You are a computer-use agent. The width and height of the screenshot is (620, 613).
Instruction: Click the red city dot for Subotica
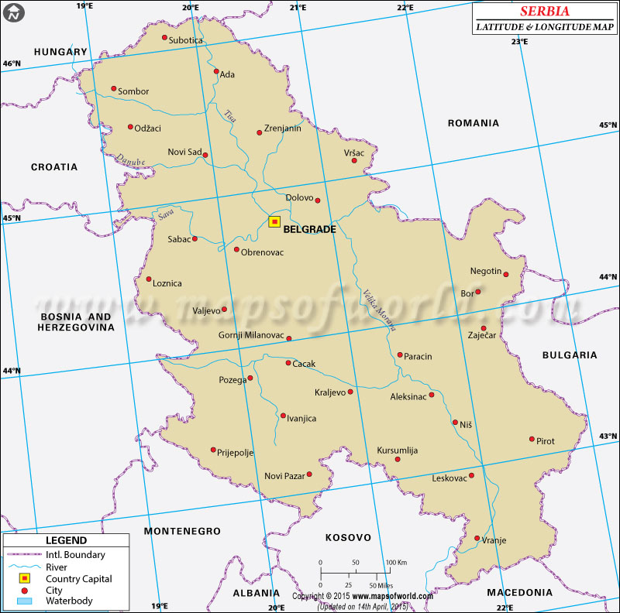click(164, 37)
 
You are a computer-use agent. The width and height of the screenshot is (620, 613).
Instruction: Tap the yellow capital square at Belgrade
click(274, 221)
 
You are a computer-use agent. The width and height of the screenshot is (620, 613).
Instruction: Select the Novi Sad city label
click(184, 152)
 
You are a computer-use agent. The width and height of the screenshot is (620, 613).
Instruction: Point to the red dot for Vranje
click(477, 539)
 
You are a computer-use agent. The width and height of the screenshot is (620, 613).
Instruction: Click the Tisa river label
click(229, 116)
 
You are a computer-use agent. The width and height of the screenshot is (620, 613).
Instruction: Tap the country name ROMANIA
click(474, 123)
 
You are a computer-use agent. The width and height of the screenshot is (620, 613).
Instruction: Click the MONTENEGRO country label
click(182, 531)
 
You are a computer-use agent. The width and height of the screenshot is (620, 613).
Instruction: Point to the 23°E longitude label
click(519, 41)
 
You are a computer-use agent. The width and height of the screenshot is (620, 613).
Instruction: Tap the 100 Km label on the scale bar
click(397, 562)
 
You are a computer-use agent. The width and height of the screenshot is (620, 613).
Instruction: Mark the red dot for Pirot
click(532, 439)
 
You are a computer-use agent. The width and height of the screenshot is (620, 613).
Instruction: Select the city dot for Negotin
click(508, 272)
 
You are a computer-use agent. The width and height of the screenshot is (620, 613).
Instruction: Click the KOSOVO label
click(348, 537)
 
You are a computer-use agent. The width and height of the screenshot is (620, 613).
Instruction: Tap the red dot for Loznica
click(149, 279)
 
